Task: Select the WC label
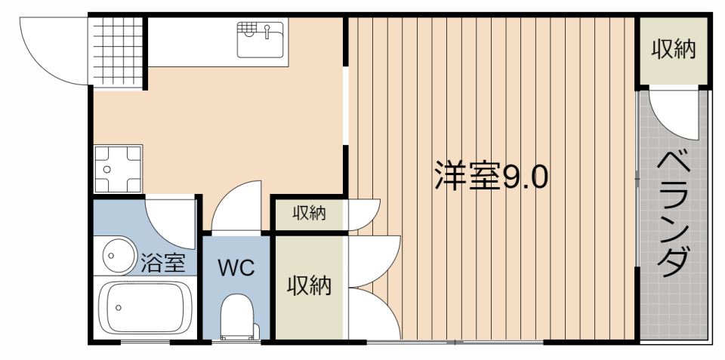coord(237,267)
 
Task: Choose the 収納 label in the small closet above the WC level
coord(310,214)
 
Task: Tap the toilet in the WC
coord(239,318)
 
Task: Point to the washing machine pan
coord(119,168)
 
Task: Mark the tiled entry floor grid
coord(118,48)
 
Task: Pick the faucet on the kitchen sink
coord(267,32)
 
